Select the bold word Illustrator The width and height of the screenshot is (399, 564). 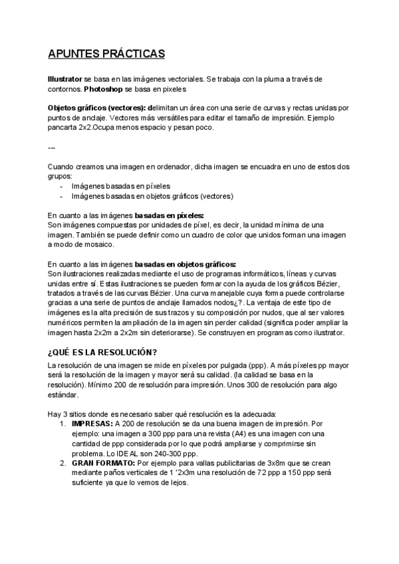pos(65,78)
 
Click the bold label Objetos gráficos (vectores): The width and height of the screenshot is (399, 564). pos(97,108)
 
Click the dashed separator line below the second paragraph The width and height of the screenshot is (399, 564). pos(52,147)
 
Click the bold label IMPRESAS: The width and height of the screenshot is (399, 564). pos(92,423)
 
